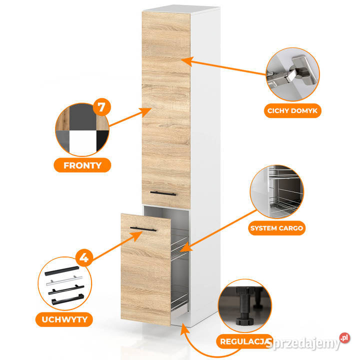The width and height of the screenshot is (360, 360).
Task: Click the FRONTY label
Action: (x=82, y=165)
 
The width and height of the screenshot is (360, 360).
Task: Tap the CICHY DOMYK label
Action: (x=292, y=110)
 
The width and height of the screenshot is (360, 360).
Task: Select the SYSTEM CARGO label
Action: (x=276, y=228)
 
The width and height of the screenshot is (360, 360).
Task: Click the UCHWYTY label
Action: (x=64, y=319)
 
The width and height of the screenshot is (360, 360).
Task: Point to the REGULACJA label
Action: (x=244, y=341)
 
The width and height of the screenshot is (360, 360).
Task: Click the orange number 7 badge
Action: (x=101, y=107)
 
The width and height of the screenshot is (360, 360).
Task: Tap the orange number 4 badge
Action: (x=84, y=257)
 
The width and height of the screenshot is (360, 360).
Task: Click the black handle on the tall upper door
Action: (x=163, y=193)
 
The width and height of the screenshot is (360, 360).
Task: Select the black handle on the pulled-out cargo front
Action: (x=143, y=229)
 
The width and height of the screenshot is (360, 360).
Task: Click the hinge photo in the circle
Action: (x=292, y=74)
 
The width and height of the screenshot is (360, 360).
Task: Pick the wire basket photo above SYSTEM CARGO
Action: (x=276, y=191)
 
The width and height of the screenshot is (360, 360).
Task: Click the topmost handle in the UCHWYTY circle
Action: (x=62, y=271)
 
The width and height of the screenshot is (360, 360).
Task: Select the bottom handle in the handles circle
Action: (x=67, y=299)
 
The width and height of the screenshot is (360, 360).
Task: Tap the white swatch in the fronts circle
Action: (x=83, y=143)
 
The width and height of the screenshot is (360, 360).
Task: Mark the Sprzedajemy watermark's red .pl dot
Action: (x=344, y=337)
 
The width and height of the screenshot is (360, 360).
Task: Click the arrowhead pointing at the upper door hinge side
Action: (x=186, y=61)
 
